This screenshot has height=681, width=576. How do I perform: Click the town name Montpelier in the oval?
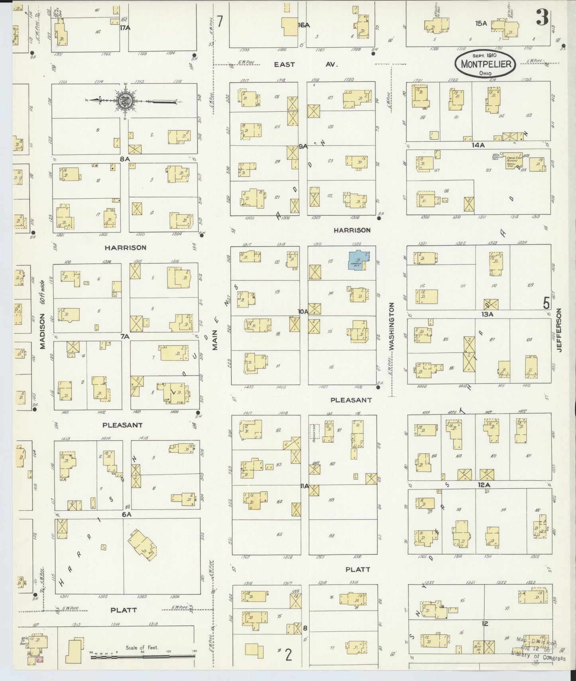(486, 64)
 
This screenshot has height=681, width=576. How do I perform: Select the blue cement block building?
(358, 261)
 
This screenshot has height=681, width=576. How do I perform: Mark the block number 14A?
(478, 145)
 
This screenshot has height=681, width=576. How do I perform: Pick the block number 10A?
(303, 311)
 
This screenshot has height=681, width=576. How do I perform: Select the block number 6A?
(126, 514)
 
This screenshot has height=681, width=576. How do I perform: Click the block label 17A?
(126, 28)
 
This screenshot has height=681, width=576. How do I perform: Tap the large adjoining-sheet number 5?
(546, 304)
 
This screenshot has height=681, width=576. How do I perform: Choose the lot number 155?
(488, 170)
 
